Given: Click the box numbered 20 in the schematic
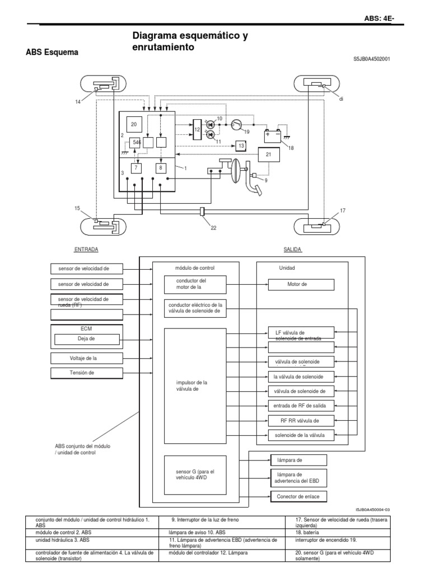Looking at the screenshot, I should [134, 124].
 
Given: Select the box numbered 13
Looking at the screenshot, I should [240, 146].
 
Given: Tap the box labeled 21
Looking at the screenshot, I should [268, 155].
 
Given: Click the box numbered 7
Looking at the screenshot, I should [136, 167].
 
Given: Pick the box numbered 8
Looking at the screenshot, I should [161, 167].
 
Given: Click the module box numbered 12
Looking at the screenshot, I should [197, 130].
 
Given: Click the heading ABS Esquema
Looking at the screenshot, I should [52, 53].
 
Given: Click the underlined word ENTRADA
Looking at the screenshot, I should [86, 250].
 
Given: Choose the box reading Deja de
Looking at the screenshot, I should [87, 339].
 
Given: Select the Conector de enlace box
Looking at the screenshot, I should [298, 496].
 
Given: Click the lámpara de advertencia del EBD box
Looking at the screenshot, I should [298, 478].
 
